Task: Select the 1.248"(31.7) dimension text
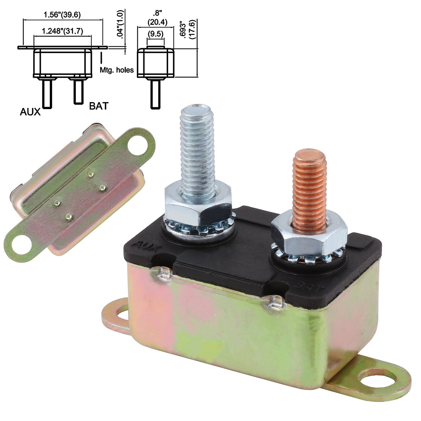tap(62, 31)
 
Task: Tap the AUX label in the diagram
tap(30, 112)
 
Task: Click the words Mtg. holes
tap(117, 70)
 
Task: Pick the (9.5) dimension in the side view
tap(155, 34)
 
